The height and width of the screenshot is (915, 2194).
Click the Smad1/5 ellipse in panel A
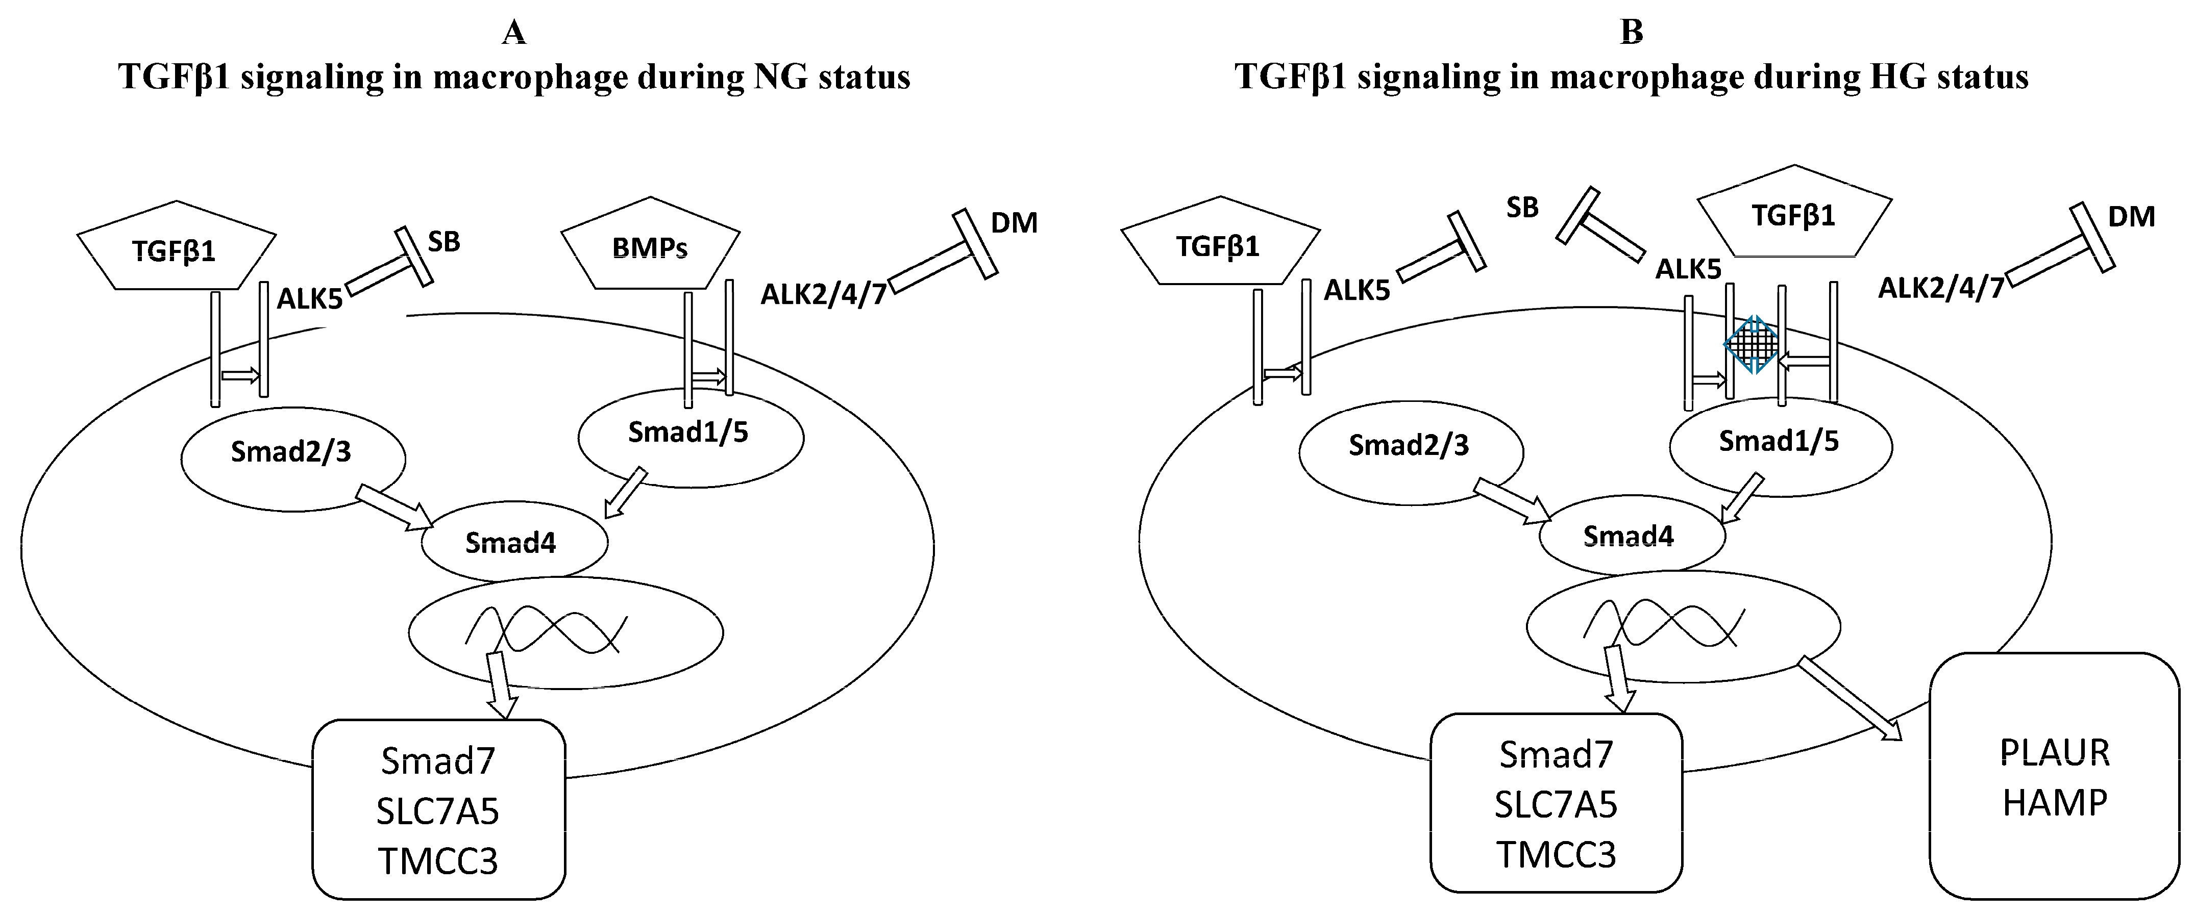[690, 434]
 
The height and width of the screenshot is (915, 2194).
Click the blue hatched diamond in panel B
[1751, 345]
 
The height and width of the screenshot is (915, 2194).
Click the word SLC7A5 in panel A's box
[438, 811]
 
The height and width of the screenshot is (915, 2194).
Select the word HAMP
[2054, 803]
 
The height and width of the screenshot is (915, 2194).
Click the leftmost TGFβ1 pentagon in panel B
[1220, 244]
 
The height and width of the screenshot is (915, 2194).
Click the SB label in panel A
[443, 242]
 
